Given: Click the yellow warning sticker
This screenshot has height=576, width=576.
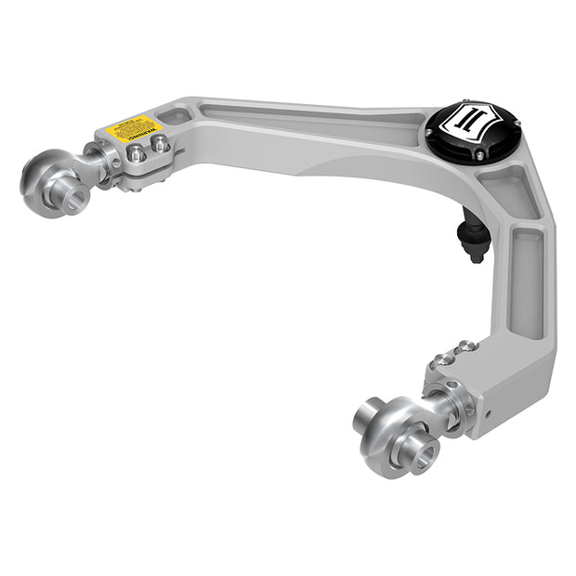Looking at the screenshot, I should tap(135, 127).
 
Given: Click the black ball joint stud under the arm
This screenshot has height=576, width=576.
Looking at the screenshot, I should tap(474, 236).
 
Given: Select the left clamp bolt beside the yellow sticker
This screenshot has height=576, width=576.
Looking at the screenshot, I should tap(137, 153).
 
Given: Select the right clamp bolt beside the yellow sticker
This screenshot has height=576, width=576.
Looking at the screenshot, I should tap(160, 144).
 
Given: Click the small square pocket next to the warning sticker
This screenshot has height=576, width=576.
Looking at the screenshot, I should tap(174, 117).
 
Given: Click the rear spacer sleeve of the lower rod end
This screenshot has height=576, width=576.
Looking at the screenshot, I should tap(373, 413).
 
